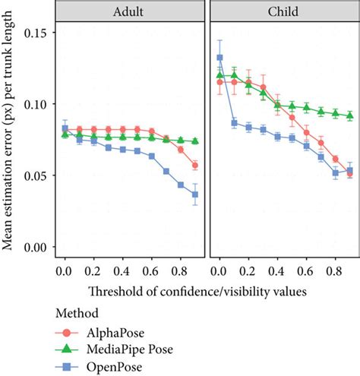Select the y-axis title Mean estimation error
(x=11, y=140)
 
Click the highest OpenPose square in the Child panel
(x=219, y=58)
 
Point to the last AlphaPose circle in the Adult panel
(x=195, y=166)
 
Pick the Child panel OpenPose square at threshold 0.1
(x=234, y=123)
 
